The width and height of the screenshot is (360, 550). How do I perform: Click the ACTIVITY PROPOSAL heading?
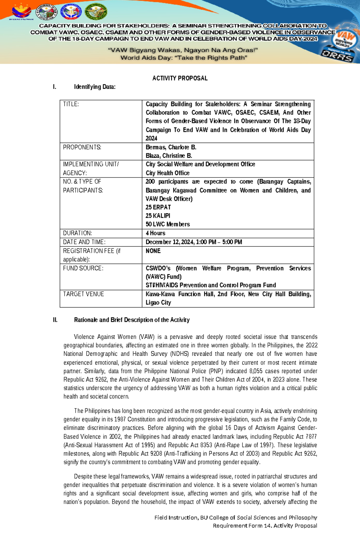(180, 78)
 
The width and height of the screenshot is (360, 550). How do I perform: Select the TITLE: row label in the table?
(71, 104)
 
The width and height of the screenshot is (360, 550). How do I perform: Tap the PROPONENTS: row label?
(82, 147)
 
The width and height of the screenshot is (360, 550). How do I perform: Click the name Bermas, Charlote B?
(171, 147)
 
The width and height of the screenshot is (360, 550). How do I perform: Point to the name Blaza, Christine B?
(169, 156)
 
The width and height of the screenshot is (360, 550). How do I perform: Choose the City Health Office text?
(167, 173)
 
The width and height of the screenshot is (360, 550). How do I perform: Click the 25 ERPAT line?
(158, 207)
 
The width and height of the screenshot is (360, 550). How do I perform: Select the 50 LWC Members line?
(168, 224)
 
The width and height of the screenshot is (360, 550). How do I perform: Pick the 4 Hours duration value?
(155, 233)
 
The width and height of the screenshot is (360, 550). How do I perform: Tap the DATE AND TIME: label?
(84, 242)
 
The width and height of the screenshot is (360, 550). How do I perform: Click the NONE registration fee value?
(153, 251)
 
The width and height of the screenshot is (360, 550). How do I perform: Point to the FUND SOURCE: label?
(83, 268)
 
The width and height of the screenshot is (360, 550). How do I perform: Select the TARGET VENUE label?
(83, 294)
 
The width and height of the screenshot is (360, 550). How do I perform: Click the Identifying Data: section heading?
(94, 87)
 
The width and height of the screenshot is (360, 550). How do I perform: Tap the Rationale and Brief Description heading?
(132, 320)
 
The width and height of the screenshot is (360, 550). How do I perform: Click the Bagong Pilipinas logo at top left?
(21, 12)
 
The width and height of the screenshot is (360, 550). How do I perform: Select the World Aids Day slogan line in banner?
(184, 58)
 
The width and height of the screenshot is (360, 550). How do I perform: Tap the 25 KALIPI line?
(158, 216)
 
